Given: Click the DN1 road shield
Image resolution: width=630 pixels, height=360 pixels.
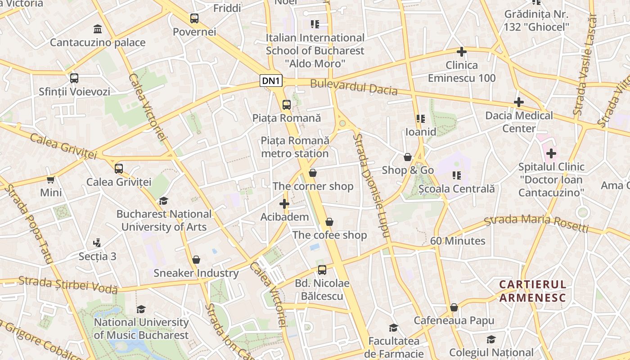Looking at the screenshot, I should point(271,81).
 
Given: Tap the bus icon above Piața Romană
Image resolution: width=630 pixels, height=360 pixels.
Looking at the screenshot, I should point(287,105).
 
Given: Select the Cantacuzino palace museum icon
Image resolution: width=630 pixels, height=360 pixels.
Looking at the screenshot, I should point(97,29).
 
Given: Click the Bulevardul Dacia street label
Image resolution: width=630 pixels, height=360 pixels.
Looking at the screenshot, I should point(354,87).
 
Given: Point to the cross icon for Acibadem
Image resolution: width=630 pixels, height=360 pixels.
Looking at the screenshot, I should point(284,204).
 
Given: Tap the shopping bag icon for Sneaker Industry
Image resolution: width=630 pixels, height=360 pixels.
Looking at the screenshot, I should point(196,260).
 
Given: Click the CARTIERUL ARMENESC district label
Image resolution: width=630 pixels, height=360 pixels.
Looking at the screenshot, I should point(532,291).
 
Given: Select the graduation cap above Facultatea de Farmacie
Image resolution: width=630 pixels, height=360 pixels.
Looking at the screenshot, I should point(393,328).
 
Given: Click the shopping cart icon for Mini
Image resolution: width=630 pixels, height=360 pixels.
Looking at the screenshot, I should point(51,180).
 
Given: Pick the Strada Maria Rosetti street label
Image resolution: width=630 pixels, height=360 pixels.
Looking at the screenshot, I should point(536,223).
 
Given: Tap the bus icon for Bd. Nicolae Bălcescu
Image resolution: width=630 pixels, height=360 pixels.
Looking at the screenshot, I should point(322,270).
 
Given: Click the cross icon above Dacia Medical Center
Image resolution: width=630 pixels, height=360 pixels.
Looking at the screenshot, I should point(518,102).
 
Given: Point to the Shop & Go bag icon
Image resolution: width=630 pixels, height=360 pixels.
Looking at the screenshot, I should point(408,157).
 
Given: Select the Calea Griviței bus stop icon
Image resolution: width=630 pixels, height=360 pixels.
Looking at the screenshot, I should point(119,169).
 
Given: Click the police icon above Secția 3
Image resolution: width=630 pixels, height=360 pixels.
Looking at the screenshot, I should point(97,243).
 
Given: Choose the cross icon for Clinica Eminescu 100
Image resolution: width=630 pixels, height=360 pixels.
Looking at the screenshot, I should point(461,52).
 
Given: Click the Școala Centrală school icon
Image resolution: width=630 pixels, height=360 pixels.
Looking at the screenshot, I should point(457,175).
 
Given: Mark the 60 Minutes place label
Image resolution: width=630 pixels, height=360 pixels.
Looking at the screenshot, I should point(458,241).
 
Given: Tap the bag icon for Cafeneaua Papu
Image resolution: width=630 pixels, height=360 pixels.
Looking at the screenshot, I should point(454,307).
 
